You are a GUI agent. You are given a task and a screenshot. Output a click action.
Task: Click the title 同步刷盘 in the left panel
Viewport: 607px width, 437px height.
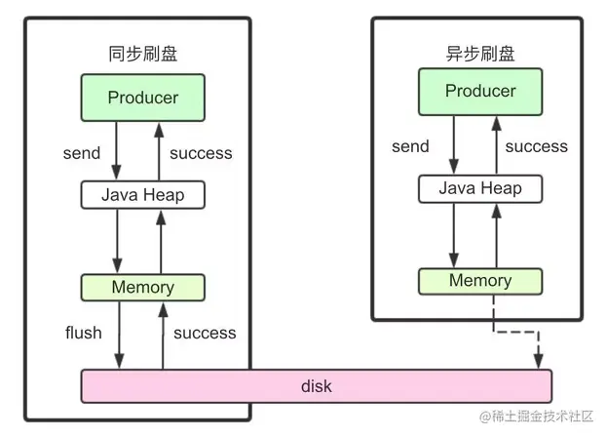[x=142, y=54]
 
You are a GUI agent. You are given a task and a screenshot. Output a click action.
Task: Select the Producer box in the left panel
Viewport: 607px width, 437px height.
[x=142, y=98]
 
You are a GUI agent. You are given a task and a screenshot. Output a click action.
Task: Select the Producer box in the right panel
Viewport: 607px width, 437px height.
[x=480, y=91]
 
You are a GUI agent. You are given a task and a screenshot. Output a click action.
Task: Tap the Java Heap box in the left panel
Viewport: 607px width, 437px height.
[x=142, y=194]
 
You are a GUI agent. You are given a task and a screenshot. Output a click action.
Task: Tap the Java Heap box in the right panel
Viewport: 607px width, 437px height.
[x=480, y=187]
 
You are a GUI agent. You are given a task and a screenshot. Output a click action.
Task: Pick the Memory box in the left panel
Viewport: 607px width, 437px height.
[x=142, y=287]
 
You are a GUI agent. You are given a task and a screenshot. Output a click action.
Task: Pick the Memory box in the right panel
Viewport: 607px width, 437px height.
[x=480, y=281]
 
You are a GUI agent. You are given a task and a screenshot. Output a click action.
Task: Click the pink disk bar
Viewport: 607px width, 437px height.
[x=316, y=386]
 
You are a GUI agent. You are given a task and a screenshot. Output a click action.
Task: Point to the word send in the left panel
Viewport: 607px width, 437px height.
[x=81, y=153]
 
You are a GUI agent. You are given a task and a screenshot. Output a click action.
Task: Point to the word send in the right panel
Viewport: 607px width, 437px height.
[x=410, y=146]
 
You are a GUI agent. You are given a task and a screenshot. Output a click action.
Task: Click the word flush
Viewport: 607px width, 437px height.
[x=83, y=333]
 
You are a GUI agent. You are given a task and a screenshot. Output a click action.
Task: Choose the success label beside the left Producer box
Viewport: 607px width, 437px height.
[x=201, y=153]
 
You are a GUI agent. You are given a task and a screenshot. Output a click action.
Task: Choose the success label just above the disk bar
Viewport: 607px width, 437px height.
[x=205, y=333]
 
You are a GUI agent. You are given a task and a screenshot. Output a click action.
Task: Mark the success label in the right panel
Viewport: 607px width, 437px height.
[x=536, y=146]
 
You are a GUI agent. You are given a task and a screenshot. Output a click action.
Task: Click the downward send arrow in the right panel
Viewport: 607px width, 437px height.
[x=452, y=146]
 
